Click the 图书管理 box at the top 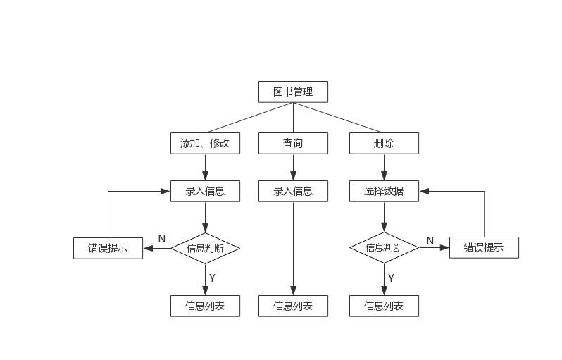point(293,92)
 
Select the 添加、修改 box point(205,143)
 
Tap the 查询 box point(293,143)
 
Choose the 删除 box point(384,143)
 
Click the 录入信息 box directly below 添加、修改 point(205,191)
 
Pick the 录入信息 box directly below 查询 point(293,191)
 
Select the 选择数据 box point(384,191)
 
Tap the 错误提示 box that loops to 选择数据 point(484,247)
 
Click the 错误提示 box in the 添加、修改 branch point(108,248)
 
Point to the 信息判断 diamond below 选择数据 point(384,248)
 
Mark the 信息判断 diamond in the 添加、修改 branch point(205,248)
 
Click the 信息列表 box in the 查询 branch point(293,306)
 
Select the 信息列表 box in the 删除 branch point(384,306)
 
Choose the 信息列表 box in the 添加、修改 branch point(205,306)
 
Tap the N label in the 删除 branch point(430,241)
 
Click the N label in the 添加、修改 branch point(161,239)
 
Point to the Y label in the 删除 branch point(391,278)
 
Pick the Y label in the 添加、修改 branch point(212,278)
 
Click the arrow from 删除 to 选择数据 point(384,168)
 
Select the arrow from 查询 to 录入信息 point(293,168)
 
